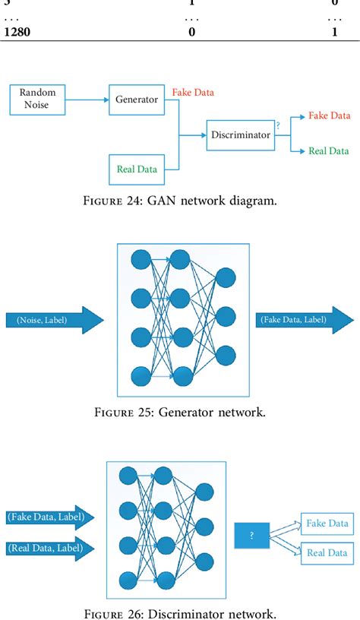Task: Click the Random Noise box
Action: click(38, 98)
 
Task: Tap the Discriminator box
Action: click(239, 134)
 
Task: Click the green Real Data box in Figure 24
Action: click(137, 169)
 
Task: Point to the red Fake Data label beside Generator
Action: click(193, 92)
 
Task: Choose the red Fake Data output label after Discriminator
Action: click(329, 115)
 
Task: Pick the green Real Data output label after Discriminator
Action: click(329, 151)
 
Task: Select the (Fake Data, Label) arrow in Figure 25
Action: click(304, 320)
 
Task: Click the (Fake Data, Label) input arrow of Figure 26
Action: click(50, 517)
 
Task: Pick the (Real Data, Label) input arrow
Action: click(50, 546)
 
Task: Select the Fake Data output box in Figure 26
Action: click(327, 524)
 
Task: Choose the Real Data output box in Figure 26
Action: click(327, 552)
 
